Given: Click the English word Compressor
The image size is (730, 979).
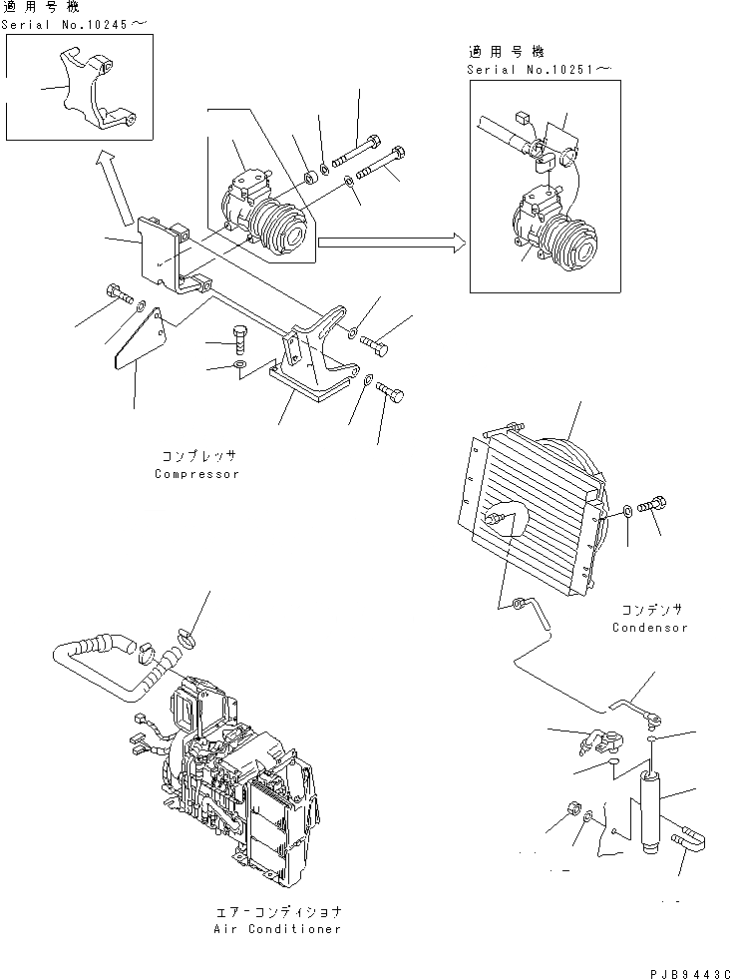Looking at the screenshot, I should point(196,474).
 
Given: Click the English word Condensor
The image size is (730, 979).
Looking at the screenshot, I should point(649,628).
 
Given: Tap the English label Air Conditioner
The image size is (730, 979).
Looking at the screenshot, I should point(277,929).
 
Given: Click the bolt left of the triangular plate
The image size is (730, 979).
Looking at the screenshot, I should point(116,294).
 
